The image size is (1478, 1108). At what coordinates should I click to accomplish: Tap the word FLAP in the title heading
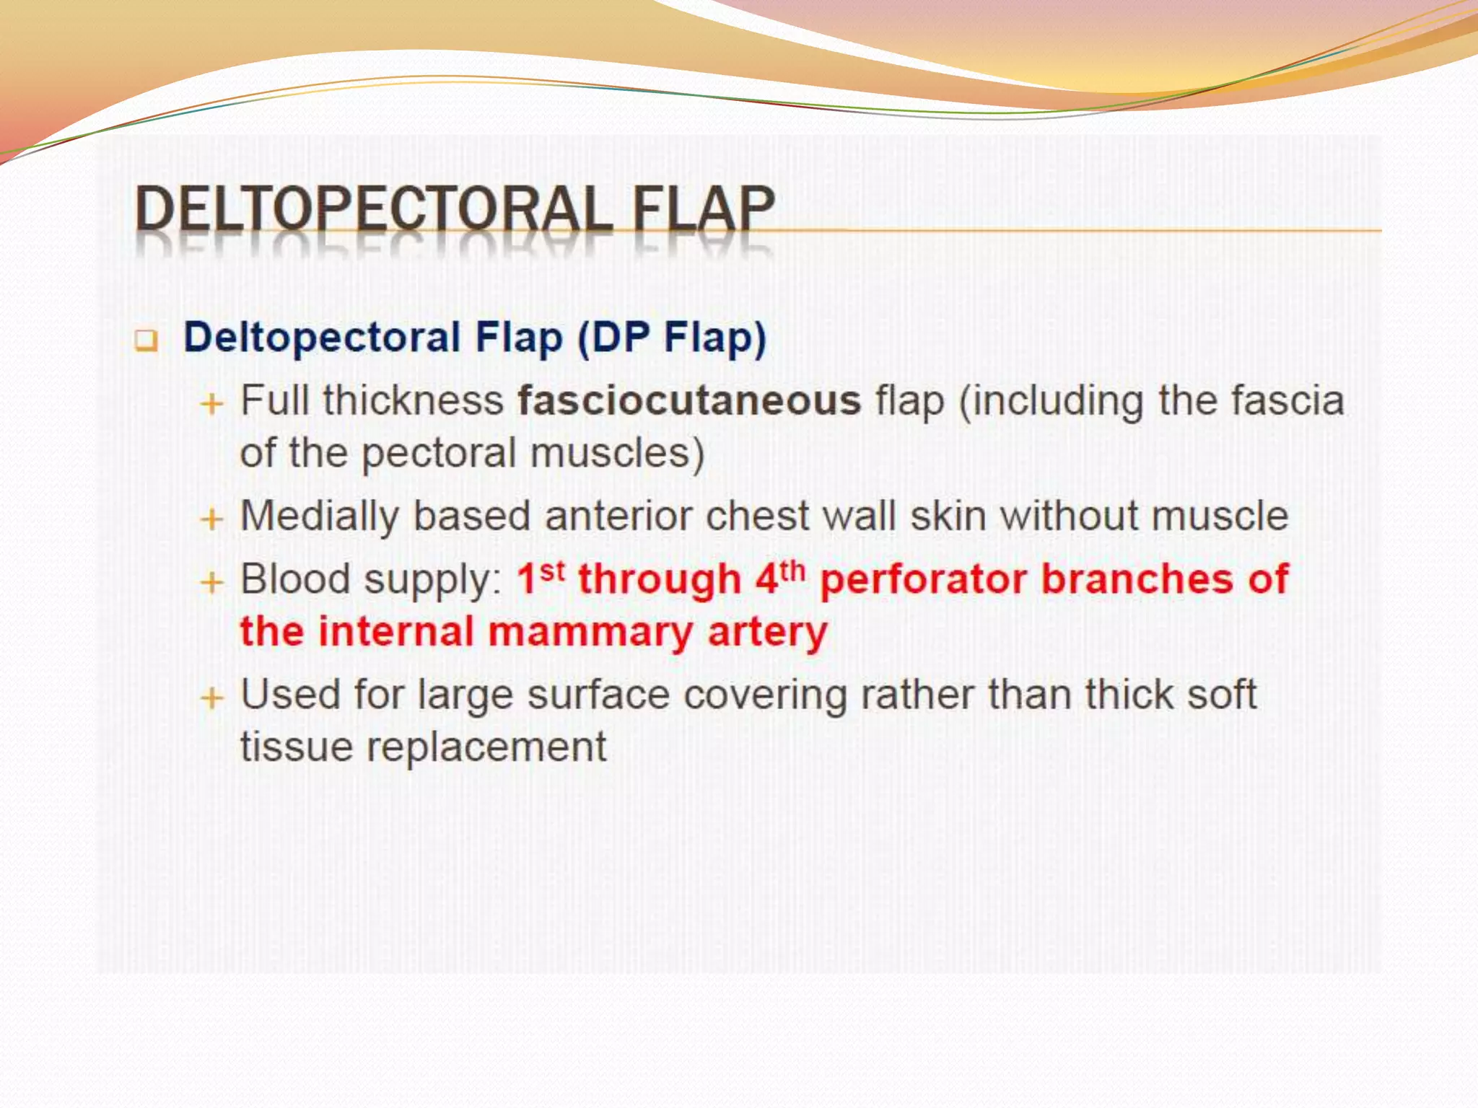pyautogui.click(x=703, y=210)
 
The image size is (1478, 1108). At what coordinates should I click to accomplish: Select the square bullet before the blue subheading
pyautogui.click(x=147, y=340)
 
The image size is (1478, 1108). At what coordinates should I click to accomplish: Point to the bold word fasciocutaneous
pyautogui.click(x=689, y=401)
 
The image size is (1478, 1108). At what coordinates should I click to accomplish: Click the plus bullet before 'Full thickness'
pyautogui.click(x=211, y=403)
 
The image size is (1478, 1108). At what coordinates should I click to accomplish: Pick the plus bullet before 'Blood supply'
pyautogui.click(x=211, y=581)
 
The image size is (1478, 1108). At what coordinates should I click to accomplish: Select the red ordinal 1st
pyautogui.click(x=541, y=578)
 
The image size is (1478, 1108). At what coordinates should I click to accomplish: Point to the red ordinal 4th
pyautogui.click(x=780, y=578)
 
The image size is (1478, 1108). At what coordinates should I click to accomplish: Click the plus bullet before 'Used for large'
pyautogui.click(x=211, y=698)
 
